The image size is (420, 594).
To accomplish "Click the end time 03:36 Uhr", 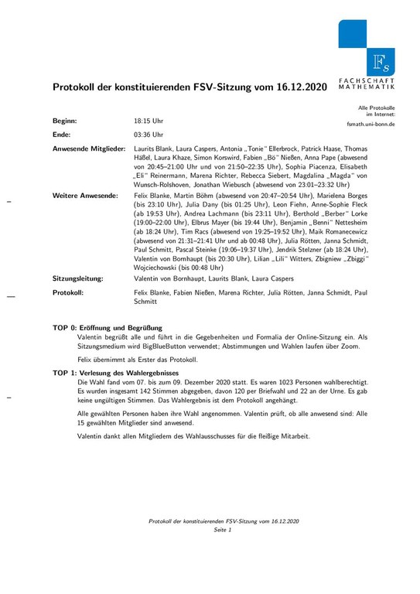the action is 149,135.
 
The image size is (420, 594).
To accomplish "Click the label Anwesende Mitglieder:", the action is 88,147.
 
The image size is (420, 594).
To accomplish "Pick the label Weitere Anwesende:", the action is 84,199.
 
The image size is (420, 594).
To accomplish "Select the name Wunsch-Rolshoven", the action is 165,184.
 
